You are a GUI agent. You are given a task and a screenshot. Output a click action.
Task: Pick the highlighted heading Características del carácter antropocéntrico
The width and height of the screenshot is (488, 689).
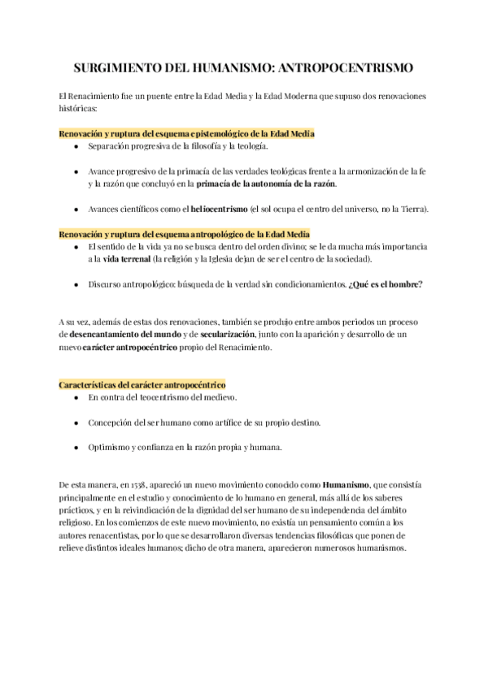(142, 383)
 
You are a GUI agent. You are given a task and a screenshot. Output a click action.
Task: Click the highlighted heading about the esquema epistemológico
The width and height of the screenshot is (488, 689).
(187, 132)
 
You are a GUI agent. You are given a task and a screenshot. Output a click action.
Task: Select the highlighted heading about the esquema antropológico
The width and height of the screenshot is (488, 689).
(184, 234)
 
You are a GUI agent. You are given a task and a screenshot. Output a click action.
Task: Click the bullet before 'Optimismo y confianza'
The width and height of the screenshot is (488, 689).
(76, 448)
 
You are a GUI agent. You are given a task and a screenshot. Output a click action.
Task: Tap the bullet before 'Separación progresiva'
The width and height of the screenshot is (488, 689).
(76, 146)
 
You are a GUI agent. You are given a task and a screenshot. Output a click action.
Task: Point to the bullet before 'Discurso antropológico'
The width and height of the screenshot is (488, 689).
(76, 284)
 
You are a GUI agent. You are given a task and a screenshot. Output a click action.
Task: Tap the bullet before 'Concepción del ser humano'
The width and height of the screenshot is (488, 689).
(76, 422)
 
